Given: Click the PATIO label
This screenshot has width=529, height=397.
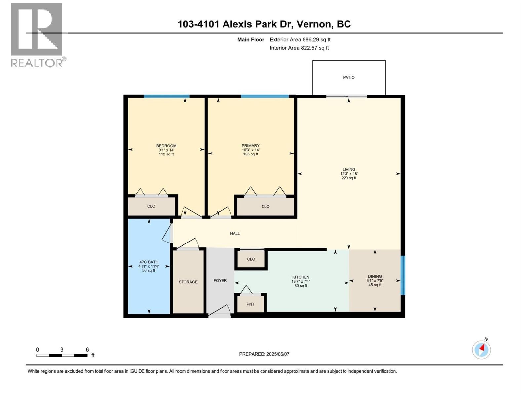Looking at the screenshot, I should click(348, 77).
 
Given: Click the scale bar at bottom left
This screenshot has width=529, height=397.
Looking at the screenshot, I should click(62, 355).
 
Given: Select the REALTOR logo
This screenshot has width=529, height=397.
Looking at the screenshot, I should click(37, 35).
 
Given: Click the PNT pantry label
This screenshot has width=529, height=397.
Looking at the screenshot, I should click(250, 304).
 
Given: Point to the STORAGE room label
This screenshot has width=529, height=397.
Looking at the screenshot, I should click(188, 282).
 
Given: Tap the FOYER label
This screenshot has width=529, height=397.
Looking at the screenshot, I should click(220, 281).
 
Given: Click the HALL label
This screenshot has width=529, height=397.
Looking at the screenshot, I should click(235, 233).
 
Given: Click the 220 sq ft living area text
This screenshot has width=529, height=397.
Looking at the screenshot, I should click(349, 178).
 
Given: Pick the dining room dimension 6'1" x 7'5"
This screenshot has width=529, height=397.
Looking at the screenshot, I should click(375, 280).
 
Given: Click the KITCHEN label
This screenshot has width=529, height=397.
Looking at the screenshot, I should click(301, 277).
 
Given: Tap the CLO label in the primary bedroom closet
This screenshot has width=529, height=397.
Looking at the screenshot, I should click(265, 206).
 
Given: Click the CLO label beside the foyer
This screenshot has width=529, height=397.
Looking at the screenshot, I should click(251, 259).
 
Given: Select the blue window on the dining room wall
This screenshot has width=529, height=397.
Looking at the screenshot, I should click(402, 275).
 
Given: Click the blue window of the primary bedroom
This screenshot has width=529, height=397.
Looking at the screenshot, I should click(264, 96).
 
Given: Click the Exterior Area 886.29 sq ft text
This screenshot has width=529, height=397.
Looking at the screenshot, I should click(300, 40).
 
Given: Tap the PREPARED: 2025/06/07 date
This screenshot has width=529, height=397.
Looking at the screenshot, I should click(264, 354).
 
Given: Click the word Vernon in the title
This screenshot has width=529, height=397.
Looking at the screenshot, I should click(314, 24).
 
